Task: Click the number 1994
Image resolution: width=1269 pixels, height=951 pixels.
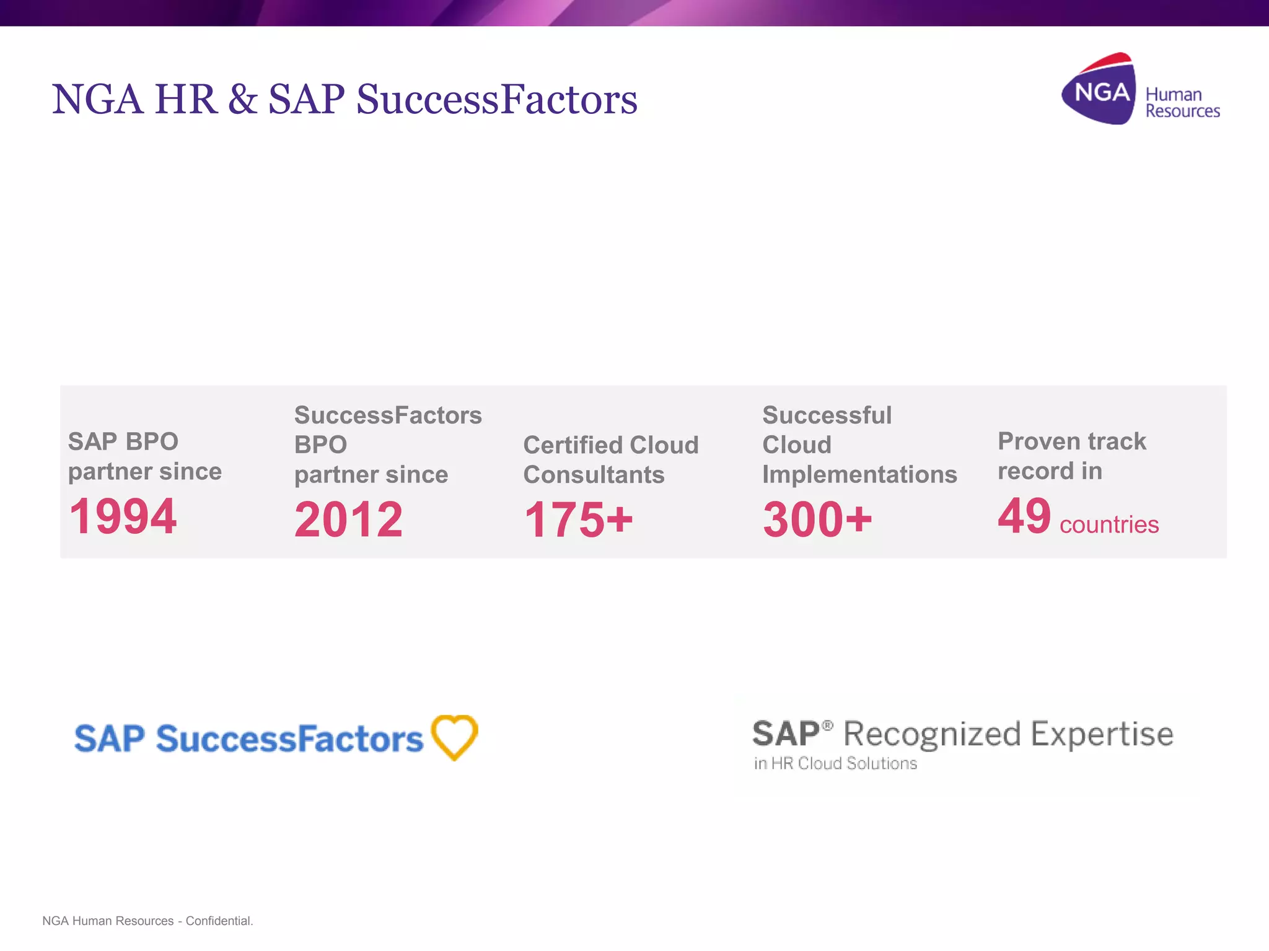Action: point(123,516)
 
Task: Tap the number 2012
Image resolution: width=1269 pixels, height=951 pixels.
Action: point(348,519)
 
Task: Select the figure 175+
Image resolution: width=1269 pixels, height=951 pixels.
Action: point(578,519)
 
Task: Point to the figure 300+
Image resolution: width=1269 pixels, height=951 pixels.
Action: point(817,519)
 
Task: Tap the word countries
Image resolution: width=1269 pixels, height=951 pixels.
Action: point(1109,525)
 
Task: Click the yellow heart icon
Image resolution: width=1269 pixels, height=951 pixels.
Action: point(455,737)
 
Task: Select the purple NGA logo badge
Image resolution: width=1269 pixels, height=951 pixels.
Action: point(1099,90)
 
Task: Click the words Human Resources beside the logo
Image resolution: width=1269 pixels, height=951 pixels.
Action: point(1181,103)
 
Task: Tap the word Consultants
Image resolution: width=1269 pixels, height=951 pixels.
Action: point(594,475)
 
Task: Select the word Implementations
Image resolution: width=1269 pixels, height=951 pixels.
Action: point(859,475)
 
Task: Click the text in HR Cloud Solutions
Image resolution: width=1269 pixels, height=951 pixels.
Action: point(835,763)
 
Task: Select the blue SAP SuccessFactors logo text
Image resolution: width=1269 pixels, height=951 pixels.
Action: point(248,739)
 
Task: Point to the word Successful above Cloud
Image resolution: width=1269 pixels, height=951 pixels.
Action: point(827,415)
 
